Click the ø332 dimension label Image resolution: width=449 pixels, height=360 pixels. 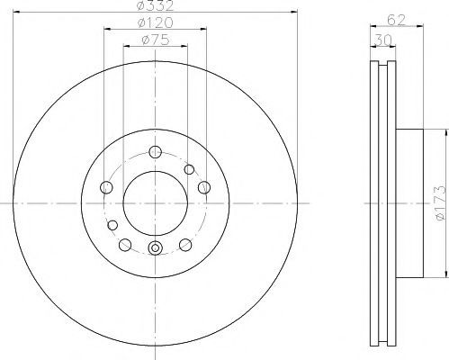(155, 5)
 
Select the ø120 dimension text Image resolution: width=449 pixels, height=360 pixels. (155, 22)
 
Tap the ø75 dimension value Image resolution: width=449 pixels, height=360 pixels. (155, 40)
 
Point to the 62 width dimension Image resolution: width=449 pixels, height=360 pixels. (396, 20)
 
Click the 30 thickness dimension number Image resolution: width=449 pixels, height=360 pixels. (383, 40)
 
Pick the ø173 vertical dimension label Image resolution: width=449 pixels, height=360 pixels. (442, 203)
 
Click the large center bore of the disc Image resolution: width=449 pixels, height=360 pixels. (156, 203)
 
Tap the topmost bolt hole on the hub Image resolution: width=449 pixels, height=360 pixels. (156, 152)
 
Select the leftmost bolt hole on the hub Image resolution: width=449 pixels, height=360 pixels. (106, 187)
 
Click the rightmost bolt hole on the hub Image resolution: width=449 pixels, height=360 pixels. (204, 187)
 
